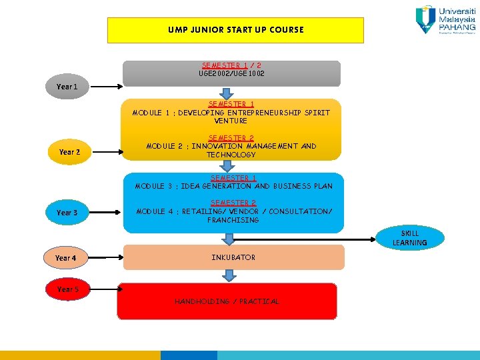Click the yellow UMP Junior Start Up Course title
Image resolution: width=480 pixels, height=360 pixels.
[x=235, y=30]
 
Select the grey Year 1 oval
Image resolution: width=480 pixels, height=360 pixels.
[x=67, y=87]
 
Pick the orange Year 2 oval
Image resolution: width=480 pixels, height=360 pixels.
[x=69, y=152]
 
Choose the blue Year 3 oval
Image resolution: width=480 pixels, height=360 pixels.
[x=67, y=213]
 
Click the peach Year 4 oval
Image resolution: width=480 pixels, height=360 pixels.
[x=65, y=258]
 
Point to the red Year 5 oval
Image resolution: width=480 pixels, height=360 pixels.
[x=67, y=289]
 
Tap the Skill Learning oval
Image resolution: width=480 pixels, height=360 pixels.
[x=409, y=238]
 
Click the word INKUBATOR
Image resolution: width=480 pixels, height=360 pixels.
[x=233, y=257]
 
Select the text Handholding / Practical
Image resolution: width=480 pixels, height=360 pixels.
[x=227, y=302]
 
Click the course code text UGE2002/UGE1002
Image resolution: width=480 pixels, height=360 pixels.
[x=231, y=73]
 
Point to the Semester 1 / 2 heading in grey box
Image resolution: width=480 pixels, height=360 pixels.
[x=231, y=65]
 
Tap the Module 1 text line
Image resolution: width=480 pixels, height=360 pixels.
[x=231, y=113]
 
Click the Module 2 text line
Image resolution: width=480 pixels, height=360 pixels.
[x=231, y=146]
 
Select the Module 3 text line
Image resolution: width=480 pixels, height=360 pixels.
[x=233, y=186]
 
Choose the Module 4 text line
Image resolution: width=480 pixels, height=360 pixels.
[x=233, y=211]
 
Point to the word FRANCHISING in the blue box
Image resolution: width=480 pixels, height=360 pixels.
[x=233, y=220]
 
